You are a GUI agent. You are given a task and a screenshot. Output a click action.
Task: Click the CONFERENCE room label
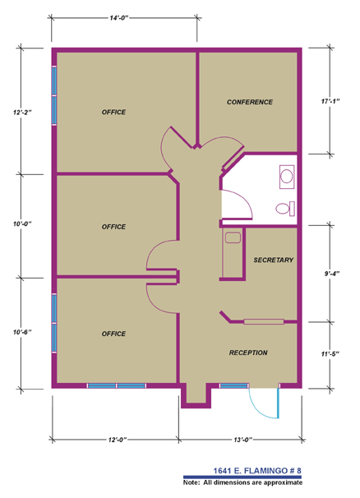249,102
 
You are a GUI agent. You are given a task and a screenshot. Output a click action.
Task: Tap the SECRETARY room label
273,260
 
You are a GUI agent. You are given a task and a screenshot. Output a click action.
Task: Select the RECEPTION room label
248,353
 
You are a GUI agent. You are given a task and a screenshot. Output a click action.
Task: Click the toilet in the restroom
285,209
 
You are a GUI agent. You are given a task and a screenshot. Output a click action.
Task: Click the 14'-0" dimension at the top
119,18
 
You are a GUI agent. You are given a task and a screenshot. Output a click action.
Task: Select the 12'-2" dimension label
22,112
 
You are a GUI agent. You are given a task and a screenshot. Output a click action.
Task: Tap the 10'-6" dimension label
22,332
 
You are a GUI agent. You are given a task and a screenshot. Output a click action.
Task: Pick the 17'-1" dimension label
330,101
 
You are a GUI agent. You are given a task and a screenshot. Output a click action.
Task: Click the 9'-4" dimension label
332,273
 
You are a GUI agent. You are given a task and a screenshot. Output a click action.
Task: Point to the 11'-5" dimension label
330,353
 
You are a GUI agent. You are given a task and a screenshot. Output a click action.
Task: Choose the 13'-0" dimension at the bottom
242,440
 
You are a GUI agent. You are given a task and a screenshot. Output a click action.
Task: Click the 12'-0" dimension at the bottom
118,440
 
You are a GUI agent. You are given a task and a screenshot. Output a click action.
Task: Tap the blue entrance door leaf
279,403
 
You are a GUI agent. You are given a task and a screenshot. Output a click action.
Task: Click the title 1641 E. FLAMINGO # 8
257,470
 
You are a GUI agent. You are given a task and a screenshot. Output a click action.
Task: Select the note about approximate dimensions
242,482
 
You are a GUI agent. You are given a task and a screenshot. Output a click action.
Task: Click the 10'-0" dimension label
22,224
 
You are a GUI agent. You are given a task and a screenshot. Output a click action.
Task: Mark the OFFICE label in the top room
113,112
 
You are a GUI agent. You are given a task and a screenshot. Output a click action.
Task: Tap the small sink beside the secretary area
233,237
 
